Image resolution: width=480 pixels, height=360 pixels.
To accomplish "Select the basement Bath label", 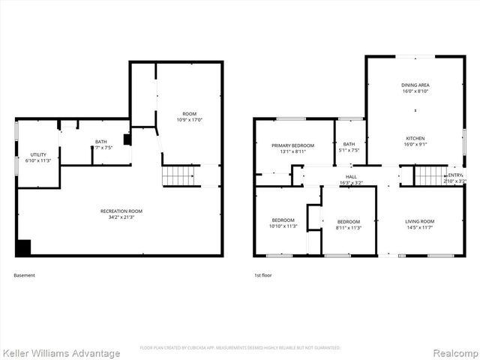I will pyautogui.click(x=100, y=142).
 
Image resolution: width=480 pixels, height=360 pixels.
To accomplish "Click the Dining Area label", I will pyautogui.click(x=415, y=85).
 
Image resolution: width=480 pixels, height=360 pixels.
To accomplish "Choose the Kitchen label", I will pyautogui.click(x=415, y=139).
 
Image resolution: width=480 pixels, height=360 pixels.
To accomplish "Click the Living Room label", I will pyautogui.click(x=419, y=221).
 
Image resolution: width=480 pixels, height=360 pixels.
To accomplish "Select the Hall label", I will pyautogui.click(x=351, y=176).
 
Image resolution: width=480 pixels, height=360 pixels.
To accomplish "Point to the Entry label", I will pyautogui.click(x=455, y=175).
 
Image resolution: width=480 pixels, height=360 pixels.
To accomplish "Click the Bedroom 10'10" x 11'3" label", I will pyautogui.click(x=283, y=220).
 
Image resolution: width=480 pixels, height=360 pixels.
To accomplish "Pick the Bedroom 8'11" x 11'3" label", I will pyautogui.click(x=349, y=221).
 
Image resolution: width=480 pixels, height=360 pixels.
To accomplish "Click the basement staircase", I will pyautogui.click(x=178, y=175).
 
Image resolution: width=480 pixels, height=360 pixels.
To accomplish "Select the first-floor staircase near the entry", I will pyautogui.click(x=430, y=175).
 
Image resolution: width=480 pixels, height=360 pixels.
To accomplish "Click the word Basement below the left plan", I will pyautogui.click(x=24, y=275).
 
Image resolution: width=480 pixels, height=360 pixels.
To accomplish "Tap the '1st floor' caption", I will pyautogui.click(x=262, y=275).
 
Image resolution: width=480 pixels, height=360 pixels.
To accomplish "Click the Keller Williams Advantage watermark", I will pyautogui.click(x=61, y=352).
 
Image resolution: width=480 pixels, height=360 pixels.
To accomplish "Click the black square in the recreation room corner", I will pyautogui.click(x=23, y=247).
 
